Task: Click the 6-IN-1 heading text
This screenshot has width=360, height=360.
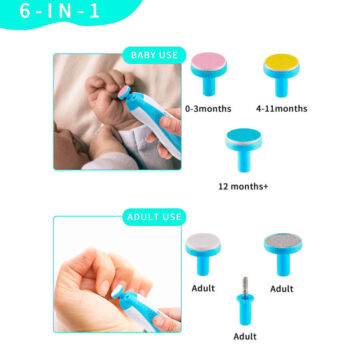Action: (x=60, y=11)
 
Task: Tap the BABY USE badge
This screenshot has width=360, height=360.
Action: (x=154, y=55)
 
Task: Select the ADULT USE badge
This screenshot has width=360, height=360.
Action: (x=154, y=217)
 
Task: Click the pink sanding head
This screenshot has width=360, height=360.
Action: (x=209, y=74)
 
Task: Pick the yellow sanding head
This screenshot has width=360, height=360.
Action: (x=281, y=75)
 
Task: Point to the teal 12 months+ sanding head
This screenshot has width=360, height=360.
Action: (x=244, y=150)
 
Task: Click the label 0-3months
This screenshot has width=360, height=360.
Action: (x=208, y=109)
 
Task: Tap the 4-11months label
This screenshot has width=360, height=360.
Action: (x=282, y=109)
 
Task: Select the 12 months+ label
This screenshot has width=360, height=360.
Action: (x=243, y=186)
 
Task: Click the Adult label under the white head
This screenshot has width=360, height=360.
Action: (x=203, y=288)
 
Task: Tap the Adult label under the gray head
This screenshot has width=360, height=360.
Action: (x=282, y=289)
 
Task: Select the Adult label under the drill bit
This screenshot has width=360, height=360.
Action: (x=245, y=336)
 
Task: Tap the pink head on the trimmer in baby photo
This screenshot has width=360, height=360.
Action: (x=124, y=92)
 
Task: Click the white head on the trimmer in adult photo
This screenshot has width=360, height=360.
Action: (x=117, y=291)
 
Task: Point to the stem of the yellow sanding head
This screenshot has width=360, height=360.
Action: (x=281, y=87)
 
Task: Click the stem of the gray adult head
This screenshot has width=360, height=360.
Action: (x=283, y=264)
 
